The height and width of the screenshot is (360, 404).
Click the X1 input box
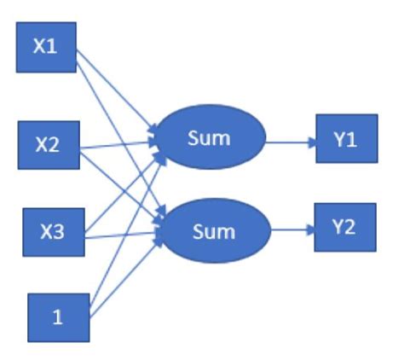point(46,47)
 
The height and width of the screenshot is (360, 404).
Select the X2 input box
point(49,145)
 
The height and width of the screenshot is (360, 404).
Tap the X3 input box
point(54,232)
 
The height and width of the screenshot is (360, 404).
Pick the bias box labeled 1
point(59,317)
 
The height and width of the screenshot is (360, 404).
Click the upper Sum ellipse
point(210,137)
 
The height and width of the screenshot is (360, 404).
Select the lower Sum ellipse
point(215,230)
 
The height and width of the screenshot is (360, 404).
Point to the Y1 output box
point(347,139)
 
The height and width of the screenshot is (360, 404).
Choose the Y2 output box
point(345,228)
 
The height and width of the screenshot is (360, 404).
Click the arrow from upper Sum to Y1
point(291,142)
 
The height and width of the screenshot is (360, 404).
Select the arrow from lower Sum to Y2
point(292,229)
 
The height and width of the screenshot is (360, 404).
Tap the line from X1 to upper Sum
point(117,90)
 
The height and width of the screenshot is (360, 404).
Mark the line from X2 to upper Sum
point(118,144)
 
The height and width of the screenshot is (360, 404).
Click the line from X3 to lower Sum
point(122,235)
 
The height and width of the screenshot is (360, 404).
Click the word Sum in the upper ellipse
point(209,138)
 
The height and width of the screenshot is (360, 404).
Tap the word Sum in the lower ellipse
point(214,232)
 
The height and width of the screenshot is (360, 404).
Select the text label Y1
point(345,140)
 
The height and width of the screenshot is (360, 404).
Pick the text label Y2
point(343,227)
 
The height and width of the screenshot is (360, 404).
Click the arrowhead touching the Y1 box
point(312,142)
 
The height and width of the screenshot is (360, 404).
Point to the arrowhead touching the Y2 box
point(310,229)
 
